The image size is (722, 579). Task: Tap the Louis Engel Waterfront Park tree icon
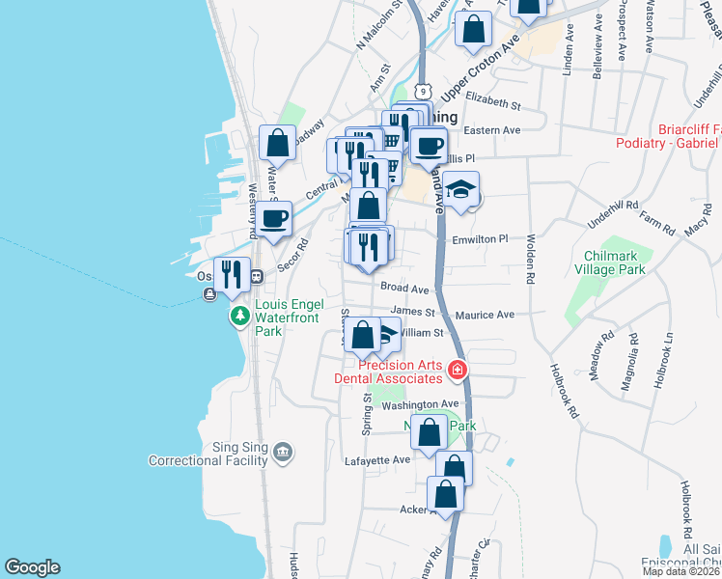[x=238, y=316]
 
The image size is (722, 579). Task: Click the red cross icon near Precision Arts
[x=456, y=369]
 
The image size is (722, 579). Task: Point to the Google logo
[x=31, y=567]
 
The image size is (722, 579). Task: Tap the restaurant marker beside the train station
[x=232, y=273]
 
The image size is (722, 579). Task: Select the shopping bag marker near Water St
[x=278, y=144]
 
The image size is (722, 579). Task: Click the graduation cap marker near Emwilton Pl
[x=464, y=189]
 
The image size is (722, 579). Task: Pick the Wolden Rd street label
[x=530, y=260]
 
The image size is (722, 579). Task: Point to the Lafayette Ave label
[x=378, y=461]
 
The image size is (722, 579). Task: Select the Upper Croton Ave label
[x=481, y=69]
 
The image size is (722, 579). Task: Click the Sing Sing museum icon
[x=282, y=451]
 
